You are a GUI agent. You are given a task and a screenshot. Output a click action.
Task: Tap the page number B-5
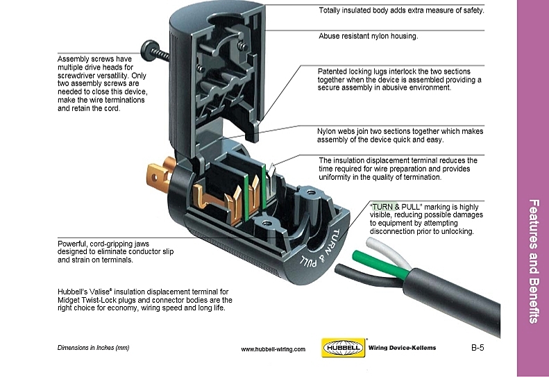click(478, 347)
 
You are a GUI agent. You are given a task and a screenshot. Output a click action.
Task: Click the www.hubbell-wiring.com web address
click(273, 349)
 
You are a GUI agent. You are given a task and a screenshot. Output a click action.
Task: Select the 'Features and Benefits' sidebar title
click(534, 261)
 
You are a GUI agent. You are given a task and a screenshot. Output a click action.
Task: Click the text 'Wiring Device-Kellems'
click(403, 347)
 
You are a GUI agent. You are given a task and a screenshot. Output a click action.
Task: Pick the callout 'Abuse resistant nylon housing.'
click(368, 36)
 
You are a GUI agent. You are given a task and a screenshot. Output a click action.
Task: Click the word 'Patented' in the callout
click(332, 72)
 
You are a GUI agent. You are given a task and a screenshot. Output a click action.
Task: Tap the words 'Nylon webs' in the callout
click(337, 131)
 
